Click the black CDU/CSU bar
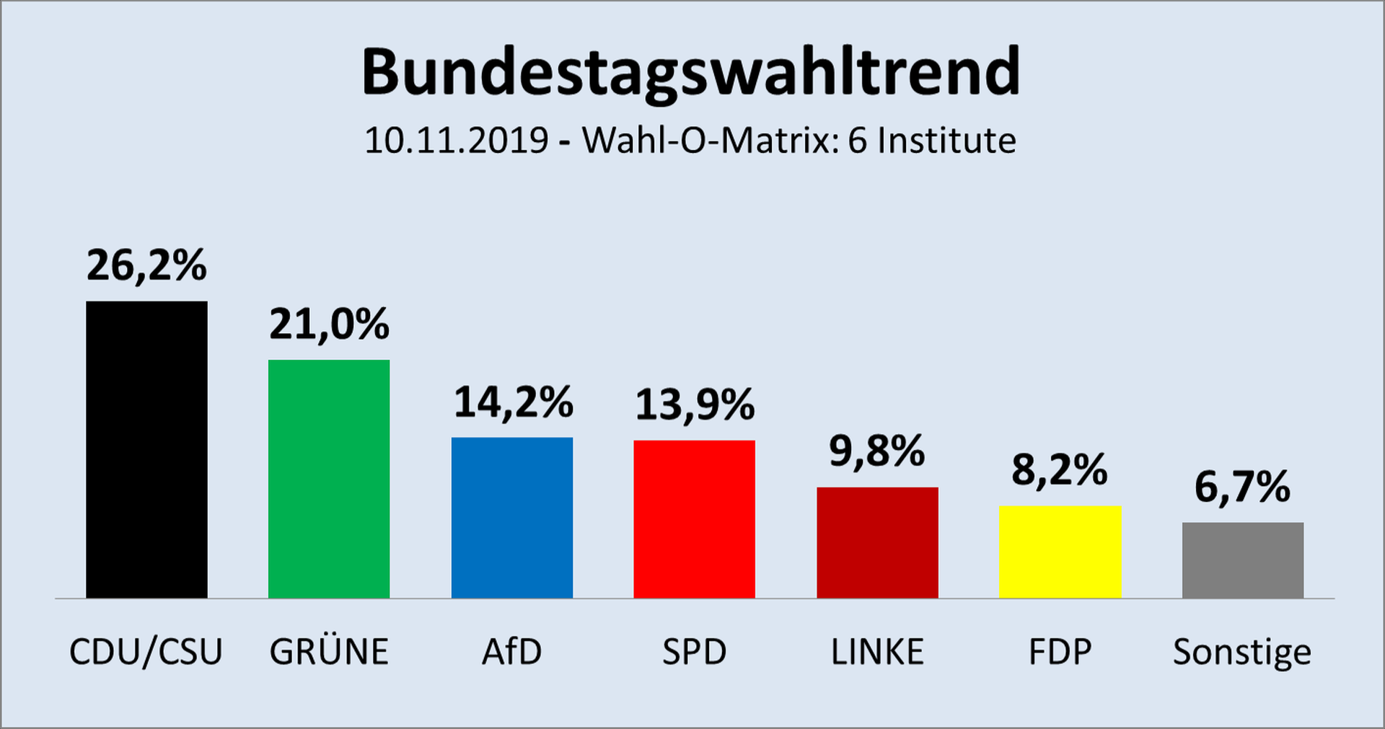[146, 449]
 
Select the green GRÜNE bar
[329, 479]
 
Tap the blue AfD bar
[512, 518]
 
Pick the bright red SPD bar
[694, 519]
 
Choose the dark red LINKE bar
[877, 542]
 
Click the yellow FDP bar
[1060, 552]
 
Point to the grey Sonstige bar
[1242, 560]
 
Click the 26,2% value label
[146, 265]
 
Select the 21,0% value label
[329, 324]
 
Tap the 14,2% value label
[513, 402]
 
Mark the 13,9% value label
[695, 405]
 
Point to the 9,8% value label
[876, 452]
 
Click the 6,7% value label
[1242, 487]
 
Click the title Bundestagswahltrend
[690, 73]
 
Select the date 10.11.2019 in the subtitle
[456, 141]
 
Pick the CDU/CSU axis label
[146, 652]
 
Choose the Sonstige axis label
[1241, 653]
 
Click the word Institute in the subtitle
[946, 141]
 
